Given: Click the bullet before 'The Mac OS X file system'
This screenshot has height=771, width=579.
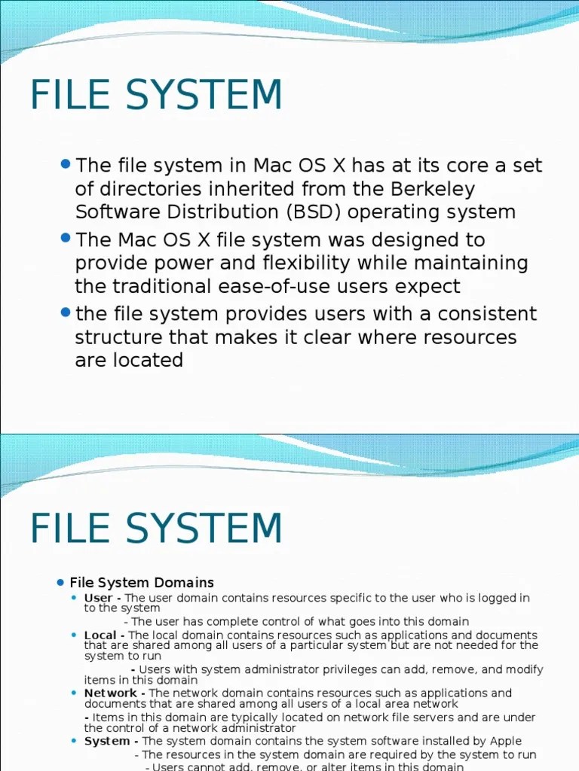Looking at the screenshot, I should click(65, 238).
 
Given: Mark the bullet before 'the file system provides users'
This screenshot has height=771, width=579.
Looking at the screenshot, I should click(65, 312).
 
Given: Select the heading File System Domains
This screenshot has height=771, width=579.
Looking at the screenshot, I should click(142, 583).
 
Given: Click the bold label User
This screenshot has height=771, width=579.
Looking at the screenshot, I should click(99, 598).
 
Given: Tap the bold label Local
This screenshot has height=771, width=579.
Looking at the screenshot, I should click(100, 635).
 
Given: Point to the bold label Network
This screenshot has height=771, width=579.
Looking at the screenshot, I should click(111, 693).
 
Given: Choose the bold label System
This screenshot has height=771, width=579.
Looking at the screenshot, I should click(107, 741).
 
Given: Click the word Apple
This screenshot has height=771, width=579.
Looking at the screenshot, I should click(504, 741).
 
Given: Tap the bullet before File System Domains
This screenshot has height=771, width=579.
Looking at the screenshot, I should click(60, 583).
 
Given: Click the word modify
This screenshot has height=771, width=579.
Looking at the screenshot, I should click(524, 669).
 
